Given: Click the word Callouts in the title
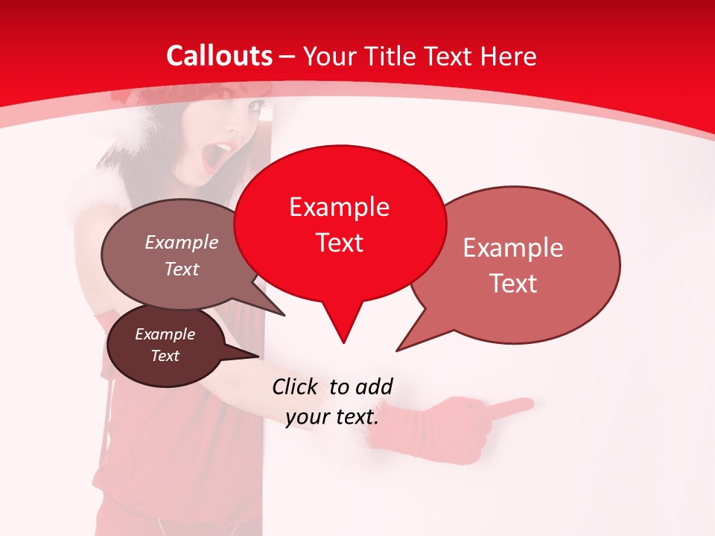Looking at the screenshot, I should [x=219, y=56].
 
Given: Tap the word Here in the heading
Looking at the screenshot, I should [x=509, y=56].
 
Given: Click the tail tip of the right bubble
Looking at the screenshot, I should [x=397, y=350].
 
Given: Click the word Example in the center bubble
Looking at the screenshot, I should [x=339, y=207].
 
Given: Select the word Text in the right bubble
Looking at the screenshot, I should [x=513, y=284].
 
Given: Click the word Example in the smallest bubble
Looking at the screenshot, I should [x=165, y=335].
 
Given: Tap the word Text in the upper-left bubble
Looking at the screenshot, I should [x=182, y=269].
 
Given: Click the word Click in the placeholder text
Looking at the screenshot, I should [x=296, y=386].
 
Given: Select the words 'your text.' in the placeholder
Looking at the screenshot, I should [x=331, y=417].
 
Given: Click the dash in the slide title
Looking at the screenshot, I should [x=287, y=57].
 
